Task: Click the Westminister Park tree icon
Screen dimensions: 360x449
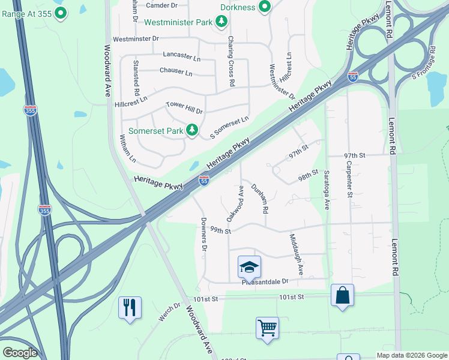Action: click(222, 22)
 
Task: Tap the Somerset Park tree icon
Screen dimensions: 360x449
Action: click(192, 130)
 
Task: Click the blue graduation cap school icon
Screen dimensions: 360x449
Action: click(249, 266)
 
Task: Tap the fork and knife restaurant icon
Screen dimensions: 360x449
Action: click(130, 307)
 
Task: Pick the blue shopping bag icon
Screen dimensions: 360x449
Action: click(342, 295)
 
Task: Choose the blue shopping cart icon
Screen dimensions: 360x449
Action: click(267, 328)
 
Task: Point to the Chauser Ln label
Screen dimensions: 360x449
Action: click(176, 72)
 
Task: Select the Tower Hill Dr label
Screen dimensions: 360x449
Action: click(184, 108)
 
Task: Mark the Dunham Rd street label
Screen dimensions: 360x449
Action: click(260, 199)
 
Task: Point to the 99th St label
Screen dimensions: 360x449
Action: click(220, 230)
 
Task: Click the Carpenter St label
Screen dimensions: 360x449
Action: click(349, 178)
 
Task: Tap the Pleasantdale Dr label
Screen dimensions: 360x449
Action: click(265, 281)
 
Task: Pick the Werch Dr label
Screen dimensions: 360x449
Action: click(169, 312)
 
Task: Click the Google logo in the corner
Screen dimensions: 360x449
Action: click(19, 353)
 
